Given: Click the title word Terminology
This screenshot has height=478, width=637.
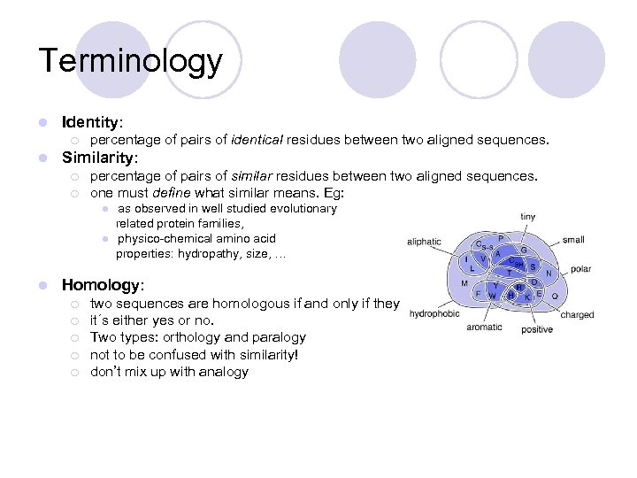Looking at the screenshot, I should click(x=130, y=61).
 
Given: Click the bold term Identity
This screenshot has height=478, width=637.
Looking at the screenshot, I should click(x=91, y=121).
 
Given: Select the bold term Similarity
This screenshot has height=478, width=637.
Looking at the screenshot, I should click(x=98, y=158).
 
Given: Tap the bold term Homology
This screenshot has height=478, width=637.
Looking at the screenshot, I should click(x=101, y=285).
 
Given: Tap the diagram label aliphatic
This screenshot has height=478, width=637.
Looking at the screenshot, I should click(x=424, y=241).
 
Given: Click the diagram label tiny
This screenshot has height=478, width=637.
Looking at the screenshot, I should click(x=527, y=217).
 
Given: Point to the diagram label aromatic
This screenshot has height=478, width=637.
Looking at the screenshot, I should click(x=484, y=327).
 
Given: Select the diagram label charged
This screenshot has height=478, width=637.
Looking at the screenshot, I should click(x=577, y=314).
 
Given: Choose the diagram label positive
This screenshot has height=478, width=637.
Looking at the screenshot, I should click(x=536, y=329).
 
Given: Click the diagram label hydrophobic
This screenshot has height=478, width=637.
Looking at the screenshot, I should click(x=434, y=312).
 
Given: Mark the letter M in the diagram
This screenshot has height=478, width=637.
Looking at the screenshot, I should click(x=464, y=283).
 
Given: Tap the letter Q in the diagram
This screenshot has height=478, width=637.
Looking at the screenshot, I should click(x=555, y=297).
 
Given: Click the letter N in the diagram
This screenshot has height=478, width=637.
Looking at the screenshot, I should click(x=549, y=274).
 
